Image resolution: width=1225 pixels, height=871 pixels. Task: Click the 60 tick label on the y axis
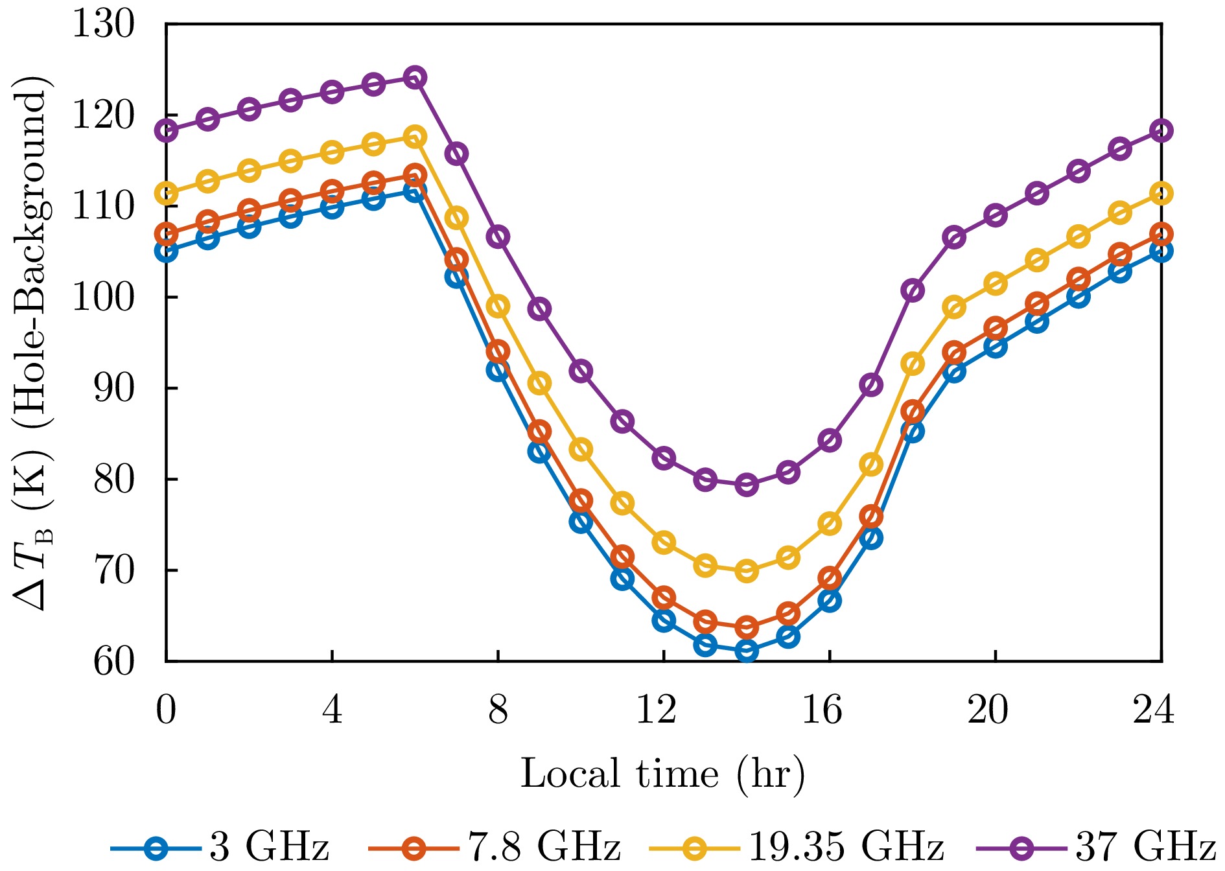114,662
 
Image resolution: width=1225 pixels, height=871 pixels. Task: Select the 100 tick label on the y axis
104,297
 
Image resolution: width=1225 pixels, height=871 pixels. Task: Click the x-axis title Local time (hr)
662,774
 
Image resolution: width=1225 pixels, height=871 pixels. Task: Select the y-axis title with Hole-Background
31,343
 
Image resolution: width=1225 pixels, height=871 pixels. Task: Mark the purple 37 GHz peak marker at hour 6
415,78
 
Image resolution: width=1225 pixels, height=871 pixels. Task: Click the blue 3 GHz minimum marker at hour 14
747,651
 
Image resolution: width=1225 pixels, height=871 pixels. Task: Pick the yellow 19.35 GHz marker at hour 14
747,571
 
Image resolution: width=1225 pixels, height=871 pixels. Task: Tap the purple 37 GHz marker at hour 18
913,290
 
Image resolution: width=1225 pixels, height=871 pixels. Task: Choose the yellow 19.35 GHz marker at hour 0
167,193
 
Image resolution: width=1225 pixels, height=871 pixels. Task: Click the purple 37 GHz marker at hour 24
1161,131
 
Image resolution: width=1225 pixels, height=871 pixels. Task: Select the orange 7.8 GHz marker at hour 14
747,627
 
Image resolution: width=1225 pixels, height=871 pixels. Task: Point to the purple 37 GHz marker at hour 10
581,371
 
